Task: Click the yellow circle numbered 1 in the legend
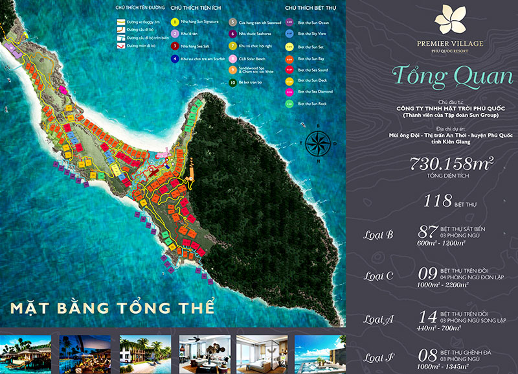(x=175, y=21)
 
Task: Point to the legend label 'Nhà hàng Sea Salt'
(x=195, y=46)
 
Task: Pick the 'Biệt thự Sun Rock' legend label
(x=311, y=103)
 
